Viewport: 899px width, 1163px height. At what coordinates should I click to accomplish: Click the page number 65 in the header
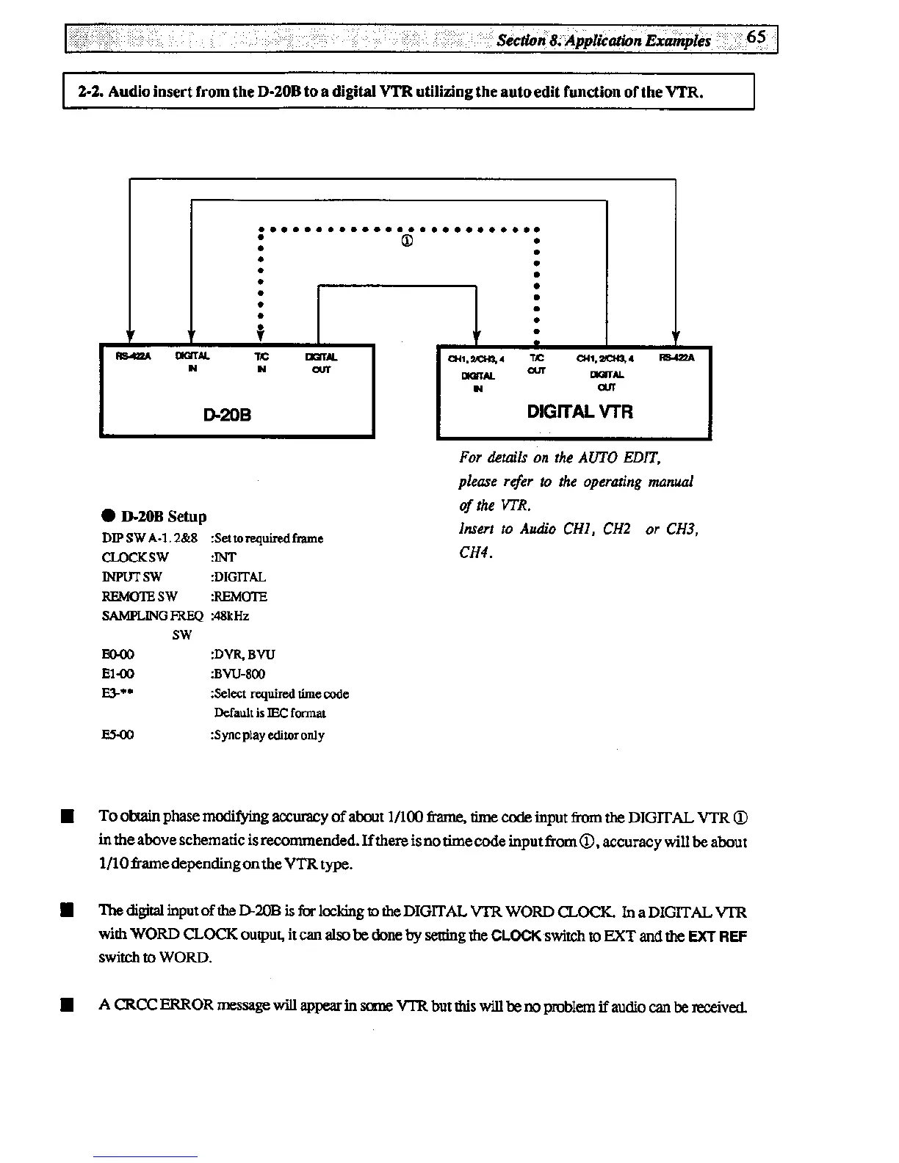[757, 37]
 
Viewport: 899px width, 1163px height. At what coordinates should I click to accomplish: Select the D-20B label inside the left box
[228, 414]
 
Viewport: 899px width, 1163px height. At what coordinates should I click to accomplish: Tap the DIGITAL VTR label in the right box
[580, 411]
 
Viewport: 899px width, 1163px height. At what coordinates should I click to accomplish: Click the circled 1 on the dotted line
[406, 241]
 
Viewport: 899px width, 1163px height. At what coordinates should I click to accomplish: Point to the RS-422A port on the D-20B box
[129, 358]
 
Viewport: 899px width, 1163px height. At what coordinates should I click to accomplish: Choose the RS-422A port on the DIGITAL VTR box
[676, 358]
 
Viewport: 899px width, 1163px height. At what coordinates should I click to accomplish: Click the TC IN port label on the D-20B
[261, 363]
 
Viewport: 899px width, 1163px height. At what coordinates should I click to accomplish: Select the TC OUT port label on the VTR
[537, 363]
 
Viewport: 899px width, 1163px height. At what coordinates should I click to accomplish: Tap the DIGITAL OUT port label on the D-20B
[320, 363]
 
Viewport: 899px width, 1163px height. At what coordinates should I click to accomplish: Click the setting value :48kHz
[230, 616]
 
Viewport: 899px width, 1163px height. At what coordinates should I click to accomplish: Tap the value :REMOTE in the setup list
[239, 596]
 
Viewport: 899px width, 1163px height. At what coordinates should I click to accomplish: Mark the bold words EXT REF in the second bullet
[723, 937]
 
